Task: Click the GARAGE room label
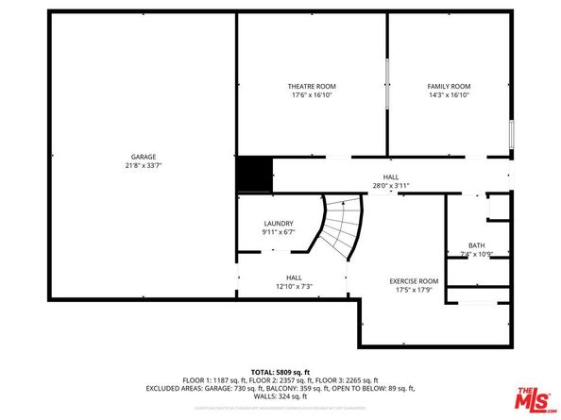click(x=144, y=157)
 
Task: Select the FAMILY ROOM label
click(x=449, y=86)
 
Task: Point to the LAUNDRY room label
click(x=279, y=224)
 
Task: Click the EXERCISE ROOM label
click(x=415, y=280)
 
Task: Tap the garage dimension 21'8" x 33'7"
click(x=144, y=165)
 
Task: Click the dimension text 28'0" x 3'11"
click(x=390, y=186)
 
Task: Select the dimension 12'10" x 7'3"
click(x=294, y=286)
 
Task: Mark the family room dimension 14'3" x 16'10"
click(x=449, y=94)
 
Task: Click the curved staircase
click(x=341, y=229)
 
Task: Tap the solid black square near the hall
click(x=253, y=175)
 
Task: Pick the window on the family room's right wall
click(x=512, y=135)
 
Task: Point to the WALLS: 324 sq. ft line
click(x=280, y=395)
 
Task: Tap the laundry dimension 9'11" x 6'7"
click(x=279, y=232)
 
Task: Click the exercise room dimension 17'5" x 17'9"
click(x=415, y=289)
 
